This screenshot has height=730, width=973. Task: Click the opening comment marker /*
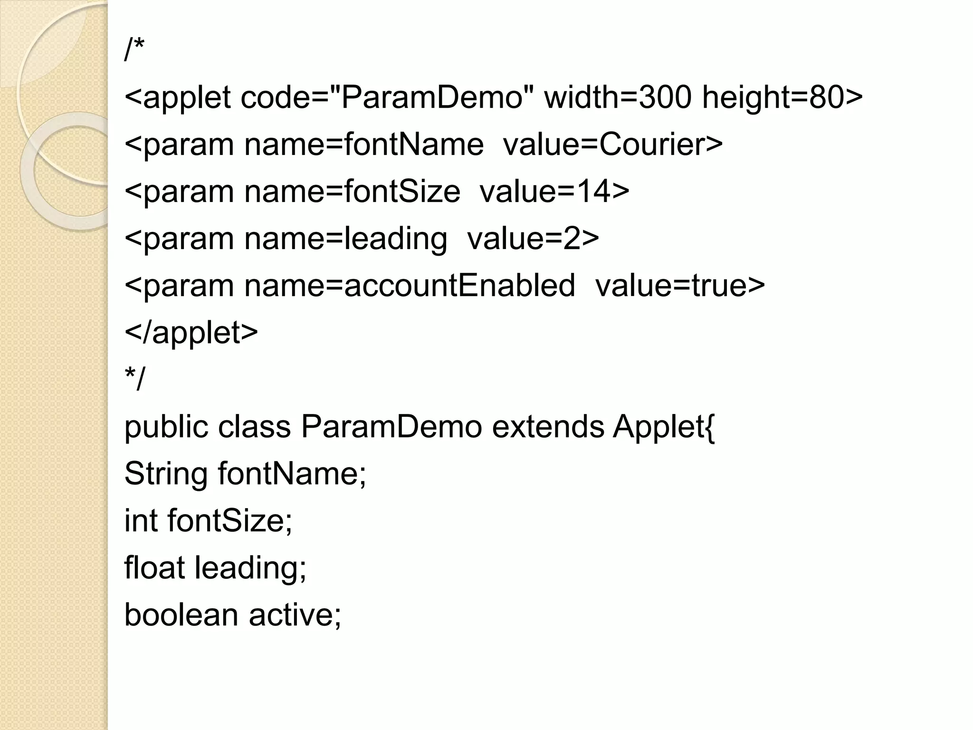click(x=134, y=50)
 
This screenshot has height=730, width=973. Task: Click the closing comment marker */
click(x=134, y=379)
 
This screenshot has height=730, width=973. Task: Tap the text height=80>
click(x=782, y=97)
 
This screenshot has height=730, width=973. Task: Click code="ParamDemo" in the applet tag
click(x=387, y=97)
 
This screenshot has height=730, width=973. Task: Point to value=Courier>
click(x=612, y=144)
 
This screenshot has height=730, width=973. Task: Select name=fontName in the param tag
click(x=363, y=144)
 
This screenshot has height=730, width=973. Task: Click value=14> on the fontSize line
click(x=554, y=191)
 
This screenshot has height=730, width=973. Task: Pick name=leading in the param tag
click(x=345, y=239)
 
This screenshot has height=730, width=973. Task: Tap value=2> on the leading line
click(x=533, y=239)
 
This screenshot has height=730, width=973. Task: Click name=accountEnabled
click(x=409, y=286)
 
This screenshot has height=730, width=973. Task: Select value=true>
click(x=680, y=286)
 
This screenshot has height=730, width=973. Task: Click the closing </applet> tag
click(x=191, y=332)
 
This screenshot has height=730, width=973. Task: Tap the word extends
click(x=548, y=426)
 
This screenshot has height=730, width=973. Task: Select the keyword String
click(x=166, y=474)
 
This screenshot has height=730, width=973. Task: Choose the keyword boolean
click(x=181, y=615)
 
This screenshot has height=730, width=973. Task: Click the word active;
click(x=295, y=615)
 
